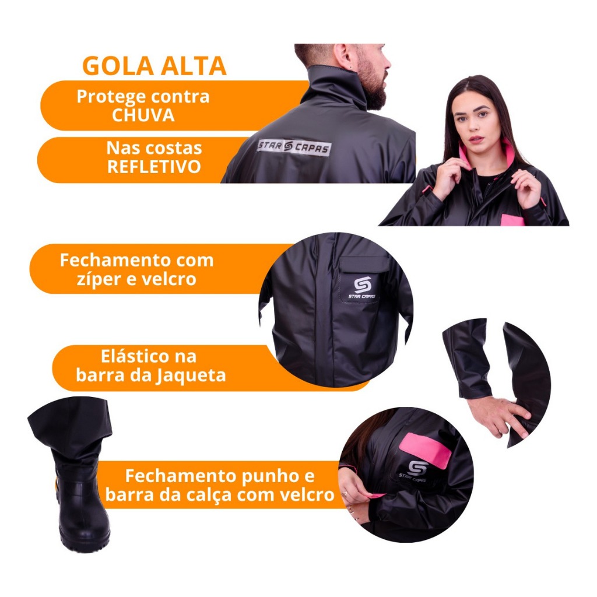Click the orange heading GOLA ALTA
[154, 66]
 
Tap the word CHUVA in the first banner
[143, 115]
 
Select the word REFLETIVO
[154, 167]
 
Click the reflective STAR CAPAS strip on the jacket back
[294, 146]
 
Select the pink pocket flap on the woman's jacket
[513, 220]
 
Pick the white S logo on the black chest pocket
[362, 285]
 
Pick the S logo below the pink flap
[417, 468]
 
